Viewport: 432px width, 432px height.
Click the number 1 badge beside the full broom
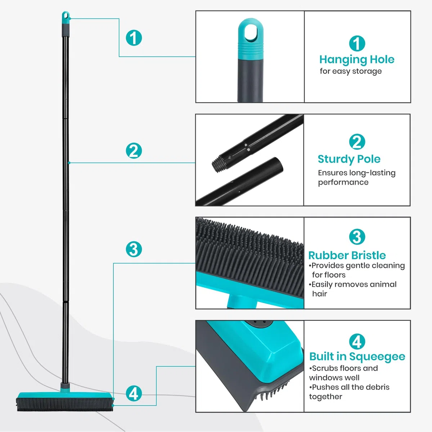point(134,38)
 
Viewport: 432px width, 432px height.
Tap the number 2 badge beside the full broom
point(134,150)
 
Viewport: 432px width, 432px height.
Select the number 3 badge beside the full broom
point(134,249)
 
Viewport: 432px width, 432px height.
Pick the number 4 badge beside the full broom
point(134,393)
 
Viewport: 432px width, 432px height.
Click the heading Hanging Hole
point(357,60)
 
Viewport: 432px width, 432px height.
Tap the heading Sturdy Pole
point(349,159)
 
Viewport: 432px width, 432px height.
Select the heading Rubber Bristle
point(347,255)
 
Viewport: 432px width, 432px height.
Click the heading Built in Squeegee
point(357,356)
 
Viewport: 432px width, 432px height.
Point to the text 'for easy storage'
point(351,71)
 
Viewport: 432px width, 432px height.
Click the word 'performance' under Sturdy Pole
point(343,182)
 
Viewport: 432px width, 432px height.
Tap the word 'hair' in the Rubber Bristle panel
point(319,294)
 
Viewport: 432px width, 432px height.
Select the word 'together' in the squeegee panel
point(325,397)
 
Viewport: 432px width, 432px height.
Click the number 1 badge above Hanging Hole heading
point(357,43)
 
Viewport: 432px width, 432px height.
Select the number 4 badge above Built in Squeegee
point(357,341)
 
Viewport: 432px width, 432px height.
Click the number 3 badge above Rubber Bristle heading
point(357,237)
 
